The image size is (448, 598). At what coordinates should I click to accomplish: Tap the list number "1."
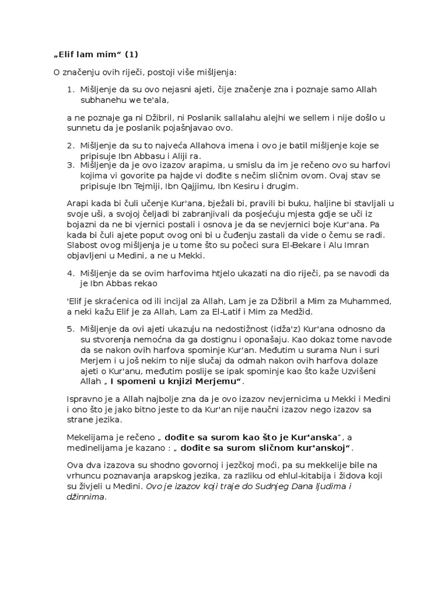point(70,89)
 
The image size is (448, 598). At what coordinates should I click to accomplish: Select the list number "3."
point(70,165)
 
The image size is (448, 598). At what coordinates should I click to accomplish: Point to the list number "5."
point(70,329)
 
